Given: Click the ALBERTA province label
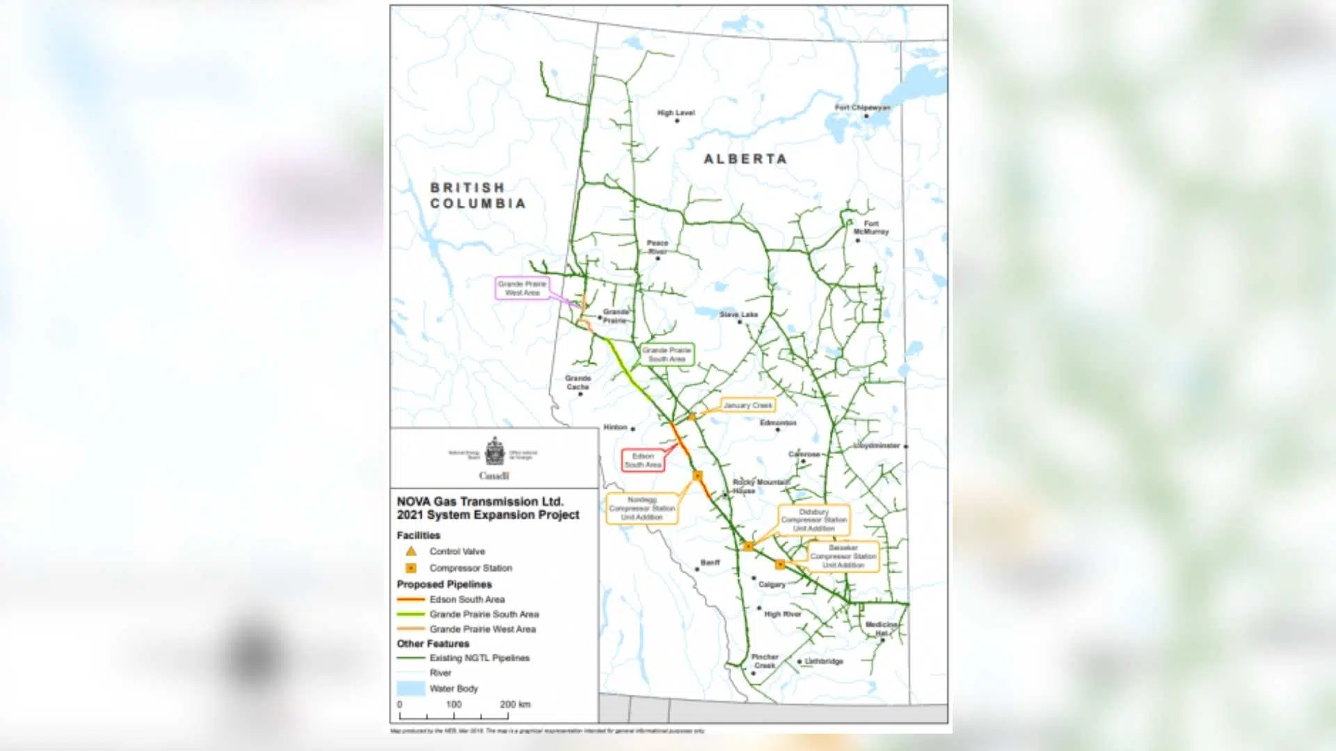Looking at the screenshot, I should (745, 159).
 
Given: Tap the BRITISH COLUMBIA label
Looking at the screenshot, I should (477, 195).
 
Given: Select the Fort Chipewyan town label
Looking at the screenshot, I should (862, 108).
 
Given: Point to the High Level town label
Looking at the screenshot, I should (676, 113).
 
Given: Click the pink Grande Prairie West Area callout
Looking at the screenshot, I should (522, 288).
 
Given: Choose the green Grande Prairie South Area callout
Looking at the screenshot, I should (667, 355).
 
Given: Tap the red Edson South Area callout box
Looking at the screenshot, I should (643, 460).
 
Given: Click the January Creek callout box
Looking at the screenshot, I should (747, 405).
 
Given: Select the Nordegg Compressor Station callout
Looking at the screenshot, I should (642, 508).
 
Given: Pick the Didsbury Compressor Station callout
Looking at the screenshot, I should (813, 520).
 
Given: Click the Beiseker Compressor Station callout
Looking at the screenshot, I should (843, 556).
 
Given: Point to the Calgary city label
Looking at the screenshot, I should (772, 584).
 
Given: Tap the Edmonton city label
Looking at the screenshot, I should (778, 423).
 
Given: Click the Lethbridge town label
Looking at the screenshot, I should (824, 661).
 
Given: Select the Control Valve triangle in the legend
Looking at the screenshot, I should (411, 551).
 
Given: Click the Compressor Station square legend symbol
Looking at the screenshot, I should (411, 568).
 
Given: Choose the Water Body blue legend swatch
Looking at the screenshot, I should (411, 688).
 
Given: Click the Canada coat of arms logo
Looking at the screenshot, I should (495, 452).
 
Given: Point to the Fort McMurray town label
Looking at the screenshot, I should (871, 227).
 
